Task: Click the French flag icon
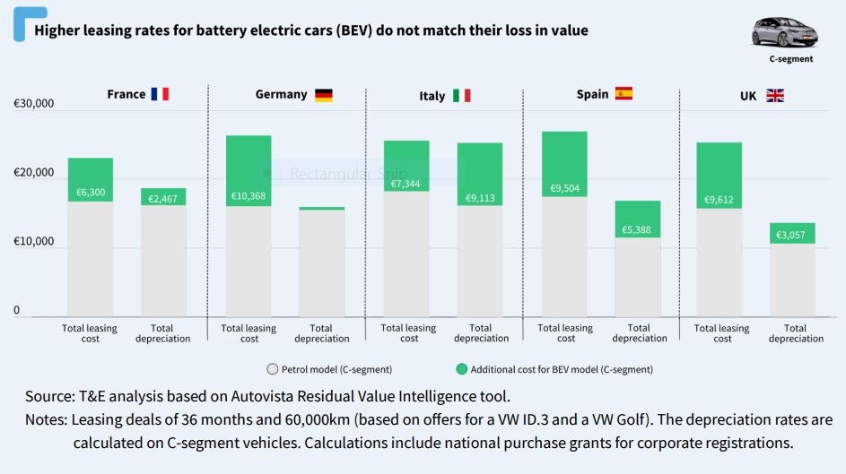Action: (x=160, y=94)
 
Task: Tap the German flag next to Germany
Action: (x=323, y=95)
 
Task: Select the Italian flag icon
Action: (x=461, y=96)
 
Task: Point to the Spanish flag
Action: (x=624, y=93)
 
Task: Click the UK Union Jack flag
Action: (x=775, y=95)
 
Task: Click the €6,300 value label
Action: (x=91, y=192)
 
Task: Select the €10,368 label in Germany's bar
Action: (x=249, y=195)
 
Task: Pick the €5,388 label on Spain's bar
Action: (x=638, y=230)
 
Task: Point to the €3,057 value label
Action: (x=792, y=234)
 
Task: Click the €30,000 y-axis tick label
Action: (x=34, y=104)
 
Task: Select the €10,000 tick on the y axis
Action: (x=34, y=242)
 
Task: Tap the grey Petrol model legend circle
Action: (x=273, y=369)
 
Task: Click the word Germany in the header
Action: (x=281, y=94)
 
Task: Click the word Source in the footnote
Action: (x=50, y=395)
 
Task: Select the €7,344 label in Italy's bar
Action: (x=406, y=184)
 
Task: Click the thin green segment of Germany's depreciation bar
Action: (x=322, y=208)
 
